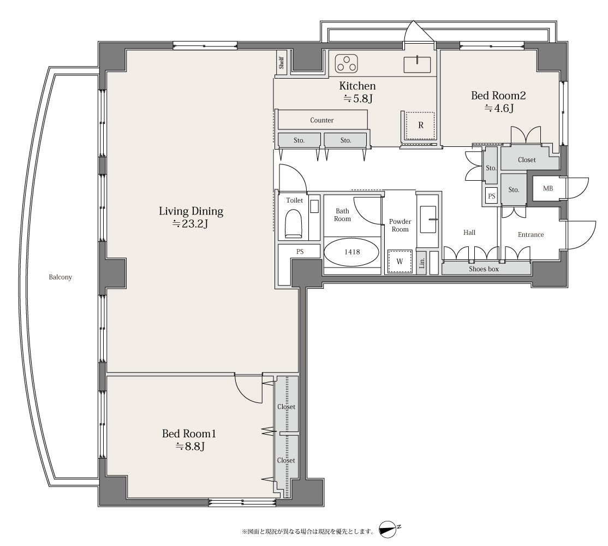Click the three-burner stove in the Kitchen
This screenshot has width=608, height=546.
click(x=347, y=63)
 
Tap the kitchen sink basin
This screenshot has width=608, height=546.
click(x=417, y=65)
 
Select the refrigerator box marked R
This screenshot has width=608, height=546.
click(x=420, y=126)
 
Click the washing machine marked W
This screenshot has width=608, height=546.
click(x=400, y=262)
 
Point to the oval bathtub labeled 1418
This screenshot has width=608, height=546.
click(x=351, y=252)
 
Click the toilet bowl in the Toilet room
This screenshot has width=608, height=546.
click(x=294, y=224)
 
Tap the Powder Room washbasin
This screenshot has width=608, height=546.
click(x=428, y=219)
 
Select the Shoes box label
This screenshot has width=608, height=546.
click(x=484, y=269)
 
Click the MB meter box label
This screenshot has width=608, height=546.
click(x=547, y=188)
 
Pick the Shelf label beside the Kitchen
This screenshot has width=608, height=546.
click(x=281, y=63)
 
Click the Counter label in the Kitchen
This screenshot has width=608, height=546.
click(x=322, y=120)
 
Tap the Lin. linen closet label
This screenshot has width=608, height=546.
click(x=422, y=263)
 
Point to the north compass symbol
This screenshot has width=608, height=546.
click(x=389, y=530)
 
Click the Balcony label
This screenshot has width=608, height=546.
click(x=61, y=277)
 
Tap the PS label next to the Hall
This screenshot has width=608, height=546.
click(x=492, y=196)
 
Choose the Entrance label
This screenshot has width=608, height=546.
click(x=531, y=235)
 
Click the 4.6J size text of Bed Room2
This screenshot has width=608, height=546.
click(x=499, y=108)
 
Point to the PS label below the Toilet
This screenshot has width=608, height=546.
click(x=300, y=252)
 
